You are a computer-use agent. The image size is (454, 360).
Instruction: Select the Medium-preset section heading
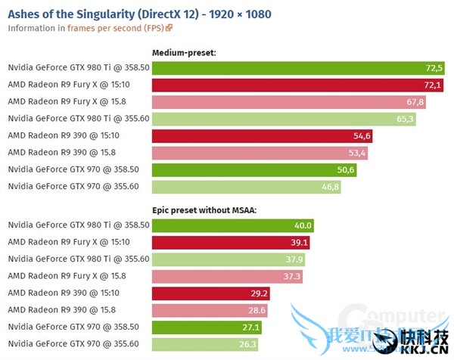[x=185, y=53]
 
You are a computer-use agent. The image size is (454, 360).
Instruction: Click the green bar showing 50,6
[x=253, y=169]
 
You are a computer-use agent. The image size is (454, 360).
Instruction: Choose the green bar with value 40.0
[x=232, y=225]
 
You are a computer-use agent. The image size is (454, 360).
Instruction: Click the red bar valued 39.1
[x=231, y=241]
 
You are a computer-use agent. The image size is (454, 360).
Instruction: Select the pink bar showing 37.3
[x=227, y=276]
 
